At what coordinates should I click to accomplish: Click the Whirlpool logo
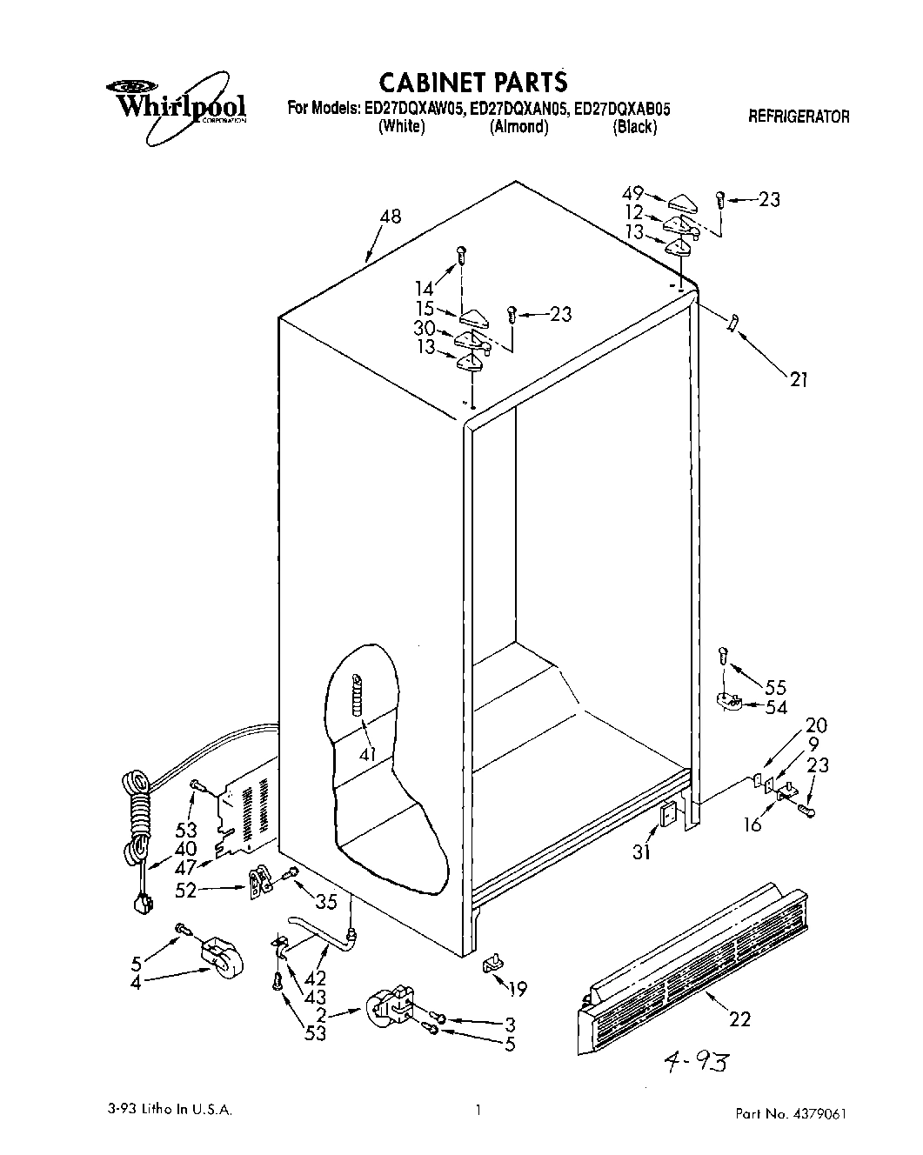point(176,103)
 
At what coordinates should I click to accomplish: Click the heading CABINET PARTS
point(473,82)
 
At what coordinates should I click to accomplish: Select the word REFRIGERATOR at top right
point(799,116)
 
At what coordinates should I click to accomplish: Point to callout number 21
point(799,379)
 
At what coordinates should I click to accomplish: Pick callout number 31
point(641,853)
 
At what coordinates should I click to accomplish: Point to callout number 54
point(776,708)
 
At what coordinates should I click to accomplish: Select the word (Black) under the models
point(634,128)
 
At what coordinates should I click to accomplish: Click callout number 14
point(424,288)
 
